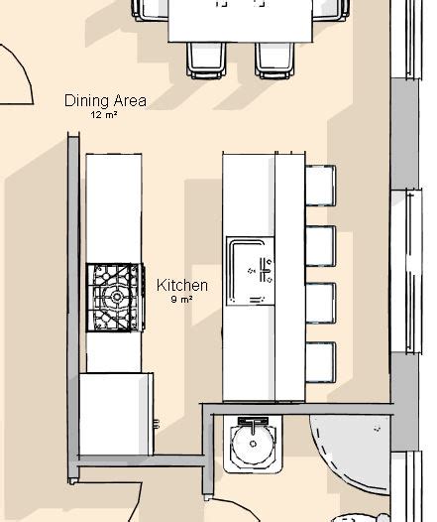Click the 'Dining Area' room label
coord(105,101)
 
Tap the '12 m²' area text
coord(104,115)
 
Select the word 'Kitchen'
coord(182,286)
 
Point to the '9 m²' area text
coord(181,300)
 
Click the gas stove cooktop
coord(115,298)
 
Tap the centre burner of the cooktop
coord(117,297)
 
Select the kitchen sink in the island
coord(251,271)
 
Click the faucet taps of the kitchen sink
coord(266,270)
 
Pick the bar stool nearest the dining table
coord(321,186)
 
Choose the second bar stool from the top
coord(321,246)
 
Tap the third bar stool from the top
coord(321,303)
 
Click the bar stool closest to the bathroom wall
coord(321,362)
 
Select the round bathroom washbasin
coord(254,445)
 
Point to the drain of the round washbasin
coord(254,444)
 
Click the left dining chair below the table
coord(206,61)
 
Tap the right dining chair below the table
coord(274,61)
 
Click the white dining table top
coord(240,21)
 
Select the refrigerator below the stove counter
coord(116,414)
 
